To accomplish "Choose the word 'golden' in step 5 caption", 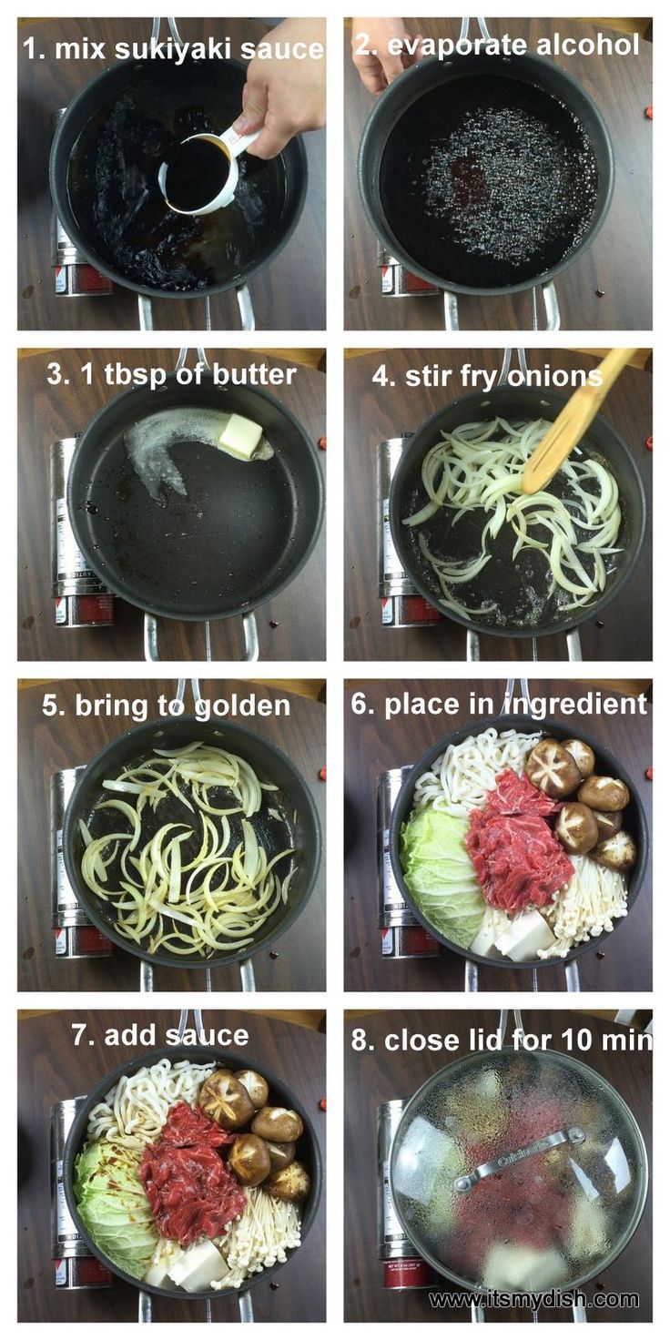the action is click(242, 707).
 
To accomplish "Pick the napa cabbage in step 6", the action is click(440, 865).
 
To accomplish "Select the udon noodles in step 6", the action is click(472, 766).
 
